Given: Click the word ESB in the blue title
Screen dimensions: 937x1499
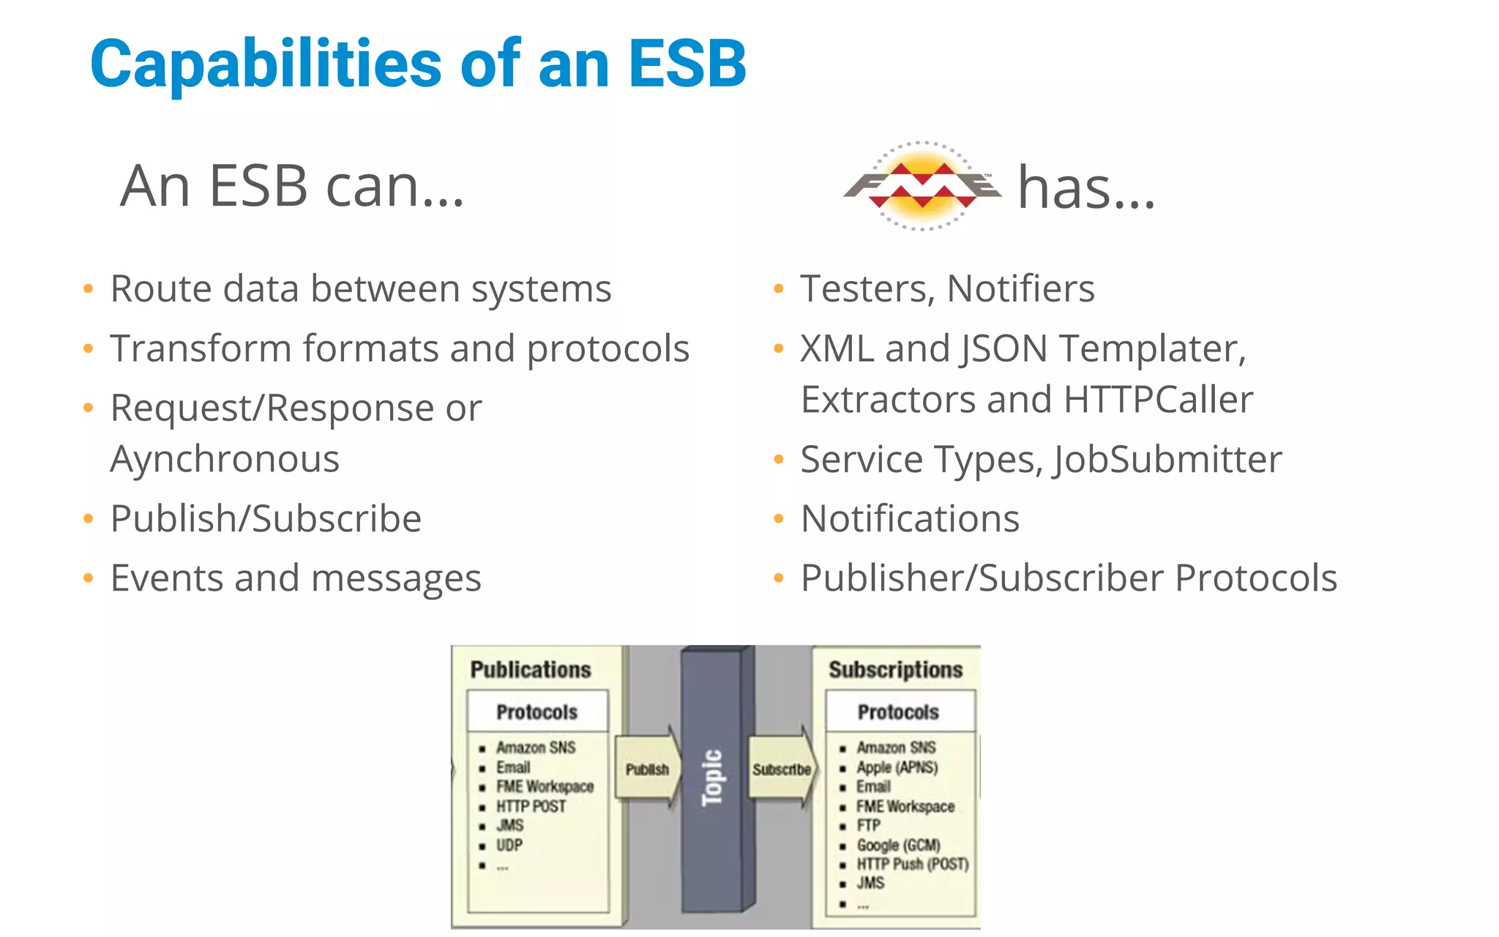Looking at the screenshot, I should point(687,64).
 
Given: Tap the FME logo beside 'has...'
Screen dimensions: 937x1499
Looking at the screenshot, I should point(922,186).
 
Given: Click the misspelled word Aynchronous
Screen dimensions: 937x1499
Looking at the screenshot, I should point(225,460).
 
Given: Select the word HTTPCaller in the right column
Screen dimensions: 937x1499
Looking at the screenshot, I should point(1158,400).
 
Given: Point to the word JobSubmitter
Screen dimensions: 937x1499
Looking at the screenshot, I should point(1167,460).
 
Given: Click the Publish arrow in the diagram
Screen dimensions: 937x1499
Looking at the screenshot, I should point(647,769).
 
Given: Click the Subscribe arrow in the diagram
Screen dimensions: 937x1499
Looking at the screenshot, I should point(781,769).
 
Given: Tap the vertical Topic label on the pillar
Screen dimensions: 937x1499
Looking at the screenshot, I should point(712,777).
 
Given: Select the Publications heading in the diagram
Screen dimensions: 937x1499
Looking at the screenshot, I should point(531,670).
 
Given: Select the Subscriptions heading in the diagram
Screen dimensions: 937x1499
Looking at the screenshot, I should point(895,670).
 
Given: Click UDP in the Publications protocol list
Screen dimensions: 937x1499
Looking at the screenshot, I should point(509,845).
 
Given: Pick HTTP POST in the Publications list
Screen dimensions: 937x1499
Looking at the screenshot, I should point(531,806).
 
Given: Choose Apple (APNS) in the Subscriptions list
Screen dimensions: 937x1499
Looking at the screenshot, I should point(897,767).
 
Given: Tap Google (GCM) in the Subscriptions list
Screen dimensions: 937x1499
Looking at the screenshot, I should point(898,845).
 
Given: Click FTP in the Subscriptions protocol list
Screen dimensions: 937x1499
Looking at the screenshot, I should point(868,825).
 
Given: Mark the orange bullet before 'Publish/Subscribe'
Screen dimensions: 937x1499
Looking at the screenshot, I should point(89,519).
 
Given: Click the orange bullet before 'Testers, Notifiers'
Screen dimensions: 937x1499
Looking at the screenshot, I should point(779,289).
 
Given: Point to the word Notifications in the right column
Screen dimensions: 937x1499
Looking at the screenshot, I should point(910,519).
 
